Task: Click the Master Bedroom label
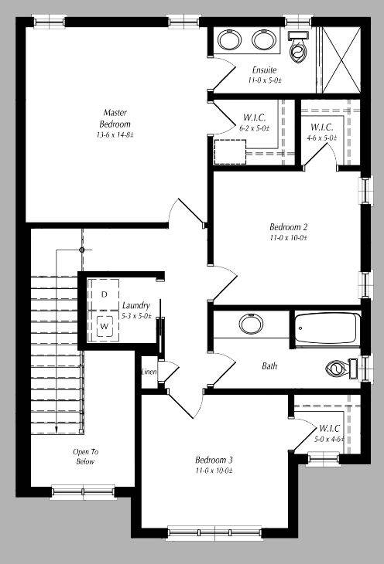click(x=115, y=118)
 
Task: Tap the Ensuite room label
click(x=264, y=70)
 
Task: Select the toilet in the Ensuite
click(x=297, y=50)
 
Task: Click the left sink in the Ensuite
click(x=229, y=39)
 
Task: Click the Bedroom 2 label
click(x=289, y=227)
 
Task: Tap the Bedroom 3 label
click(x=214, y=460)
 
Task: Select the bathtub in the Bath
click(x=325, y=328)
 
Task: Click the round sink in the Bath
click(x=250, y=324)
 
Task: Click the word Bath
click(x=269, y=366)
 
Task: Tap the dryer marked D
click(x=104, y=294)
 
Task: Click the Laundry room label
click(x=135, y=305)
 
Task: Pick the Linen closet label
click(x=149, y=372)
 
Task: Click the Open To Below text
click(x=85, y=457)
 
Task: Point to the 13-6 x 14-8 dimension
click(x=115, y=135)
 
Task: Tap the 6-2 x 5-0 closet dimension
click(x=255, y=128)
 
